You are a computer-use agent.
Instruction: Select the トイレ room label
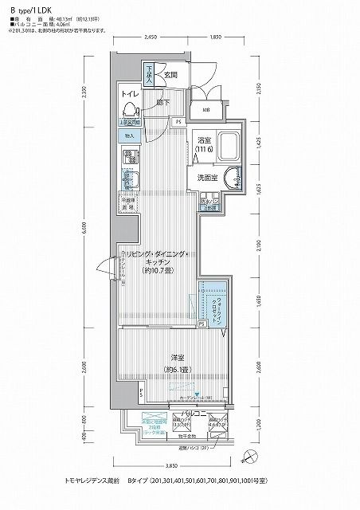point(130,93)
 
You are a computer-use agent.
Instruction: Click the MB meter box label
point(205,110)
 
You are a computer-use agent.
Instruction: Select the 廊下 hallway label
point(162,102)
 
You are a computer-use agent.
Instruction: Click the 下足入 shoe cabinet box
point(149,76)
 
